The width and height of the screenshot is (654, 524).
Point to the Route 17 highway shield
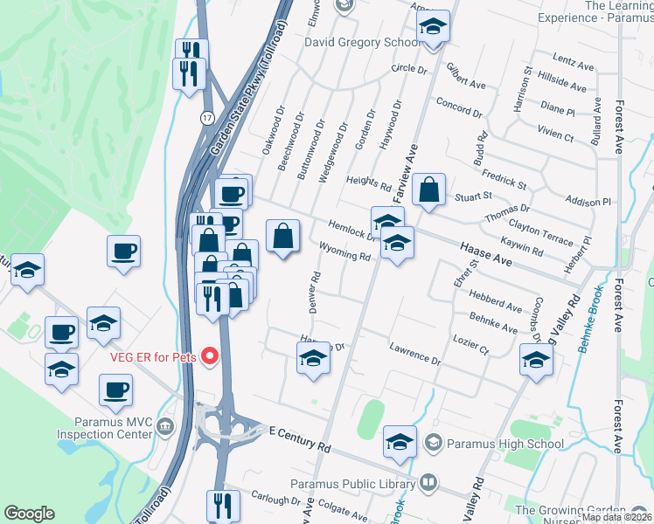point(203,115)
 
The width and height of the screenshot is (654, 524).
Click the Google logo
point(29,514)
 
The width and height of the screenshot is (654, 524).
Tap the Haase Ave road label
point(484,254)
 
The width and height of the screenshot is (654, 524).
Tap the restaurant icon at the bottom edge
point(222,505)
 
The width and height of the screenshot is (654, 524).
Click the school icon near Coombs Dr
point(537,358)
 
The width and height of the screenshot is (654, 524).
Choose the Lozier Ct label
point(470,343)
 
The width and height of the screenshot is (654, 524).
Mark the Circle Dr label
point(409,68)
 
